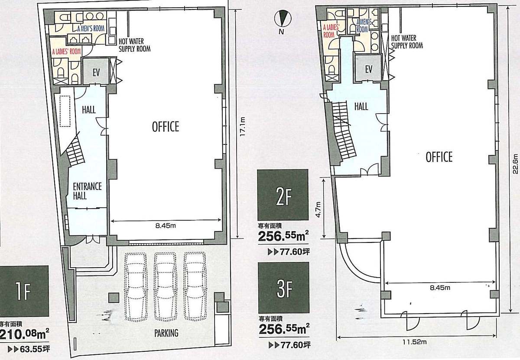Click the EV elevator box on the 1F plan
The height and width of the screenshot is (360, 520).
click(96, 71)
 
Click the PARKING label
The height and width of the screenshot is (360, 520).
click(166, 333)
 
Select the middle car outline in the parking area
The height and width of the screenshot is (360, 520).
click(165, 287)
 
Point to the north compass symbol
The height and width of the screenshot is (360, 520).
click(283, 19)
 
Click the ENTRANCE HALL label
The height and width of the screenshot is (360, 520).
click(87, 191)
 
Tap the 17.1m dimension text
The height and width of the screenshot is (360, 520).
click(242, 127)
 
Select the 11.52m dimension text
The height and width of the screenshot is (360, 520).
click(414, 342)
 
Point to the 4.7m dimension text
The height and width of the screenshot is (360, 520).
click(318, 209)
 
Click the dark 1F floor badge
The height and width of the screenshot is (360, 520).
click(24, 291)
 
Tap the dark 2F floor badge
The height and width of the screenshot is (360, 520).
click(283, 195)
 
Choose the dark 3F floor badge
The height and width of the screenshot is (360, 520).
click(283, 288)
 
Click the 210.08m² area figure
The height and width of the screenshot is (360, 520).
click(24, 335)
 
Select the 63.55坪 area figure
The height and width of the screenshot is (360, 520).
click(29, 349)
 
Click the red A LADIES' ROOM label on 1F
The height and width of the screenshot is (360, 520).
click(66, 51)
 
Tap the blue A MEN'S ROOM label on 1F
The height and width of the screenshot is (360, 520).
click(91, 29)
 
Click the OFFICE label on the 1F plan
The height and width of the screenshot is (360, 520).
click(166, 127)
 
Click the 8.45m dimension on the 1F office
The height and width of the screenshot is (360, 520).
click(166, 226)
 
